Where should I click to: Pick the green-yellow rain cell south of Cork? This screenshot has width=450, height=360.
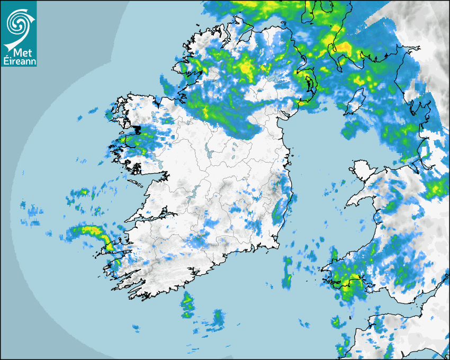click(x=187, y=304)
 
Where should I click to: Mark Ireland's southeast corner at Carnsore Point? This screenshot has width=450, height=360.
click(x=277, y=247)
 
